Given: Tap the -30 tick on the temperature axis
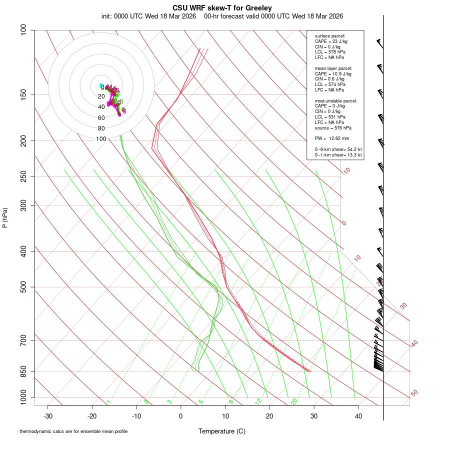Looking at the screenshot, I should tap(48, 416).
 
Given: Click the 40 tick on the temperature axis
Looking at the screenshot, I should tap(358, 416).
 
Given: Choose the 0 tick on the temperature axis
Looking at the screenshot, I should tap(181, 416).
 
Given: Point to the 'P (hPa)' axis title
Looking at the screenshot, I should tap(5, 217).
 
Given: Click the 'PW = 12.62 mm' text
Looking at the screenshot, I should tap(332, 138).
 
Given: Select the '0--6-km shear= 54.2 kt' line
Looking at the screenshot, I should tap(338, 149).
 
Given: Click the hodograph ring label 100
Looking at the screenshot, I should tap(101, 139).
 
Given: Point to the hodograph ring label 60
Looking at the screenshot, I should tap(101, 118).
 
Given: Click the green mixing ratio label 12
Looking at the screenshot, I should tap(258, 401).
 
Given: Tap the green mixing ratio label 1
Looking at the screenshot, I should tap(108, 402).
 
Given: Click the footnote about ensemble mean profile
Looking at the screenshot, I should tap(73, 431).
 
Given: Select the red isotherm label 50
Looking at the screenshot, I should tap(414, 393).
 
